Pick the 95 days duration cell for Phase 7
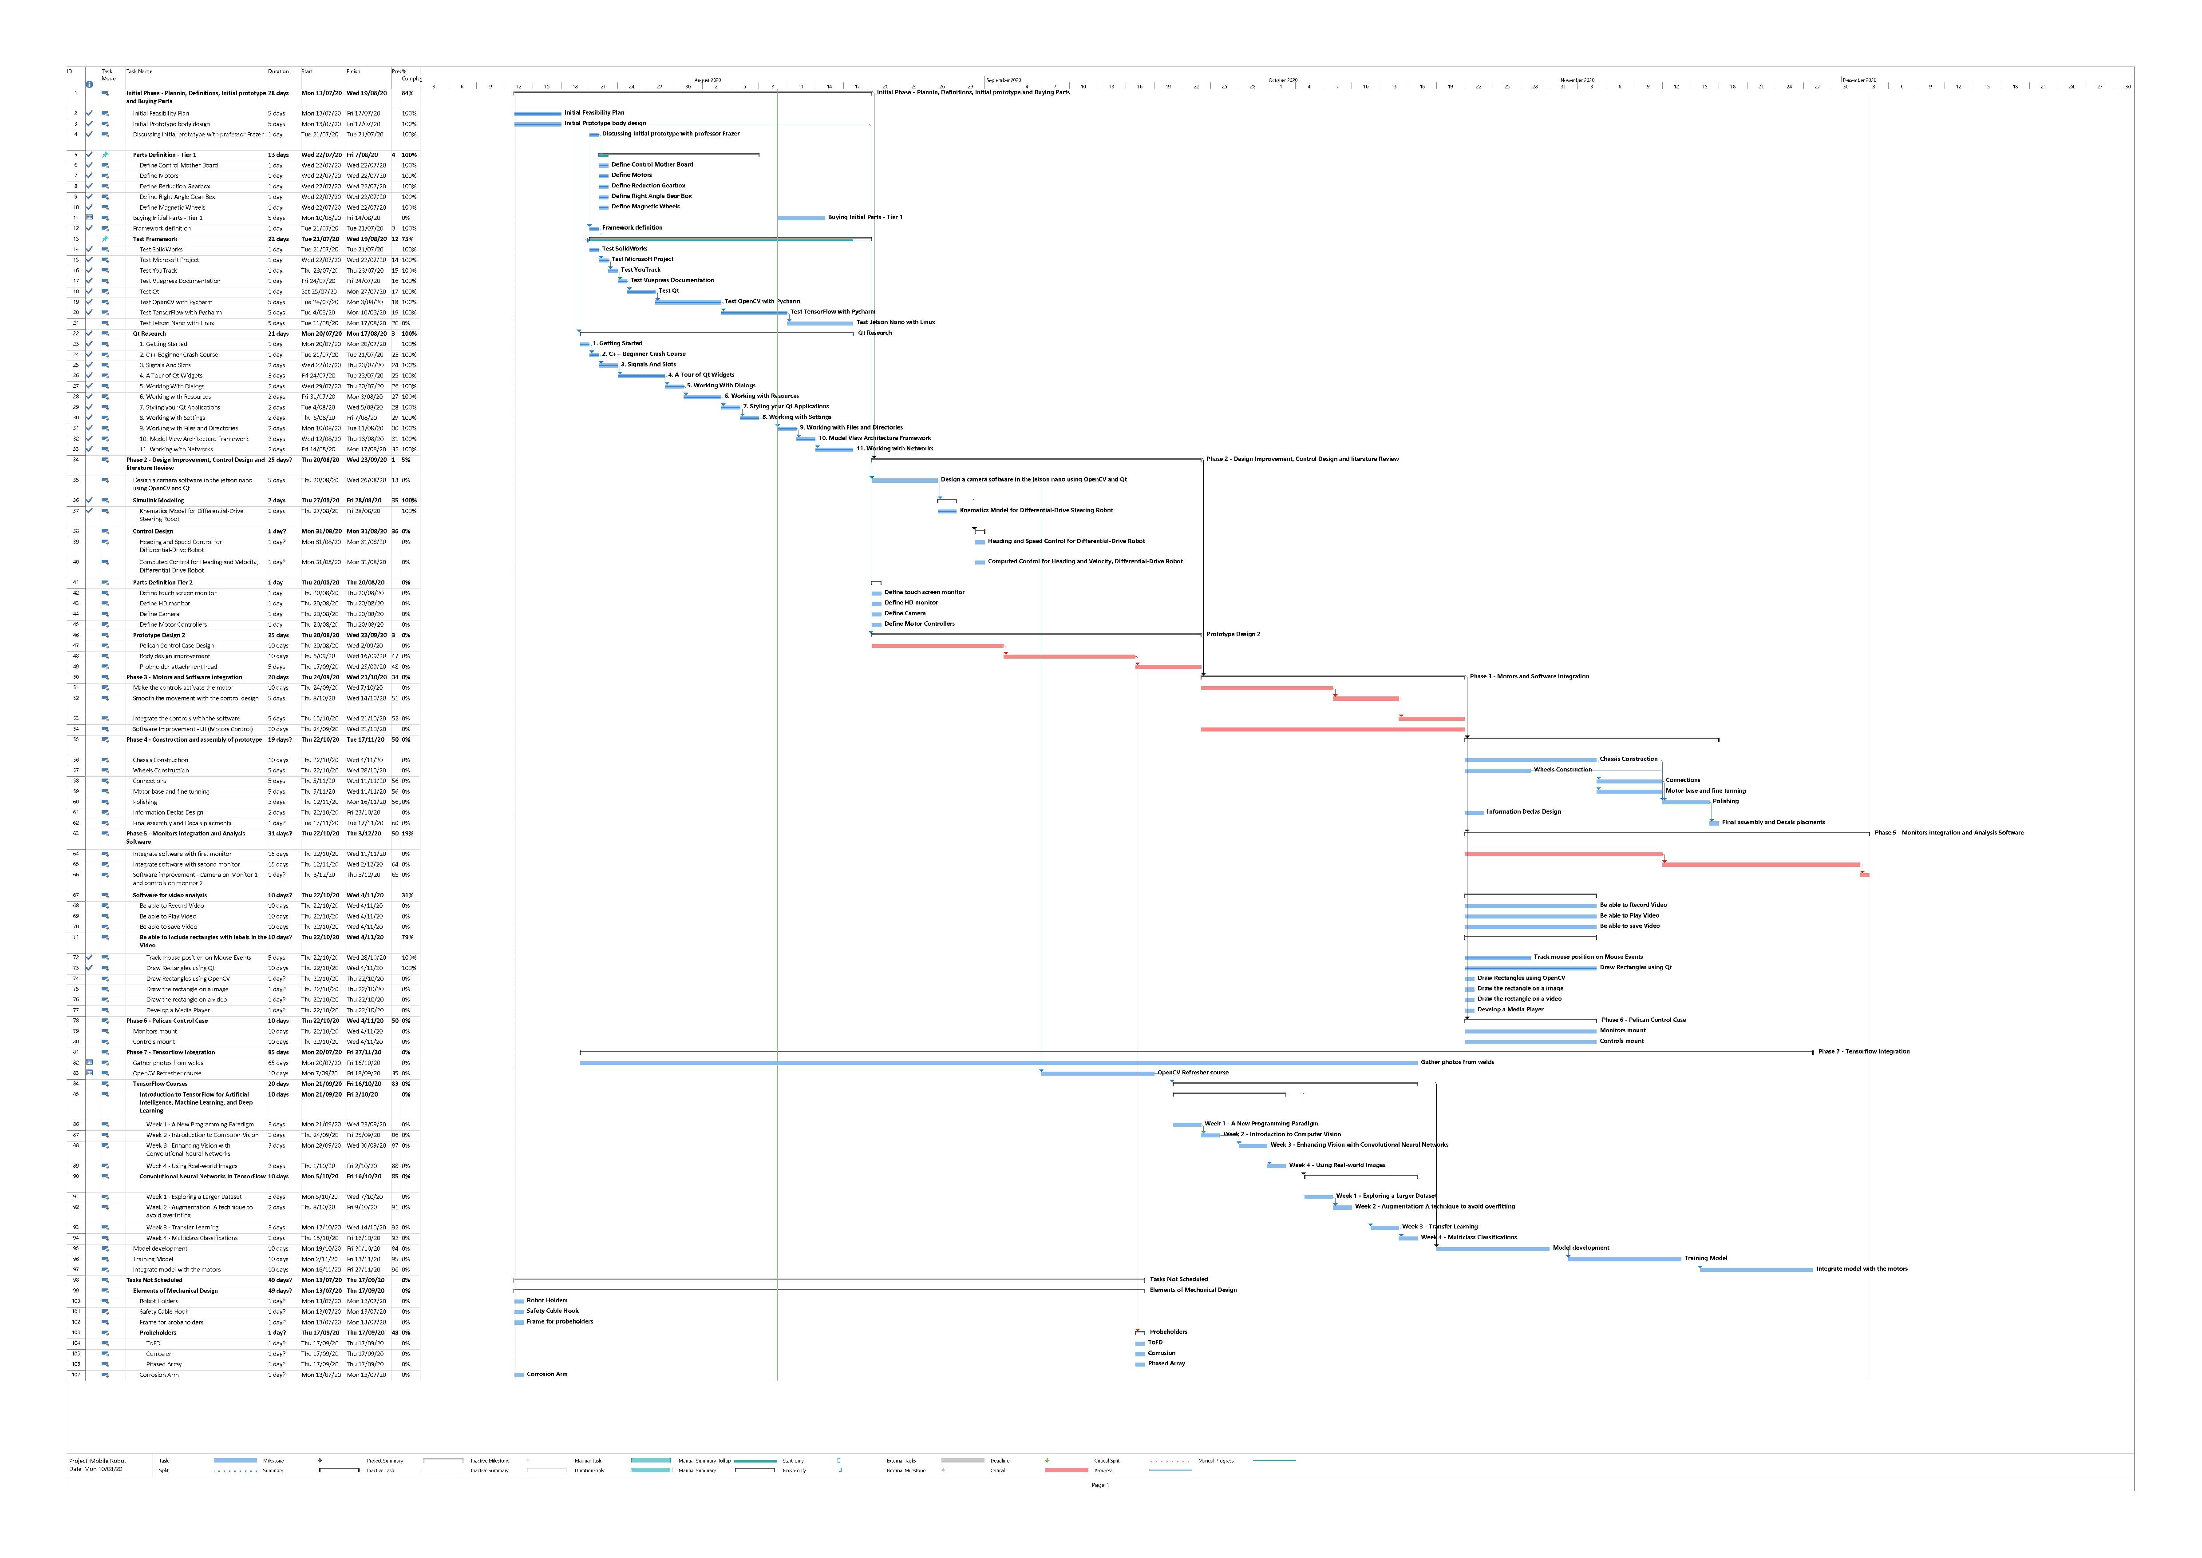pos(278,1053)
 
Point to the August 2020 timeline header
pos(708,79)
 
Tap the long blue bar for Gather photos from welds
pos(997,1063)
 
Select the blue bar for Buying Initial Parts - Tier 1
pos(801,218)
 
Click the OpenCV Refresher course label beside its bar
pos(1192,1073)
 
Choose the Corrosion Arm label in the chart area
pos(547,1374)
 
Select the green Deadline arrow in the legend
pos(1048,1460)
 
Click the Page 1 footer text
pos(1100,1485)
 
